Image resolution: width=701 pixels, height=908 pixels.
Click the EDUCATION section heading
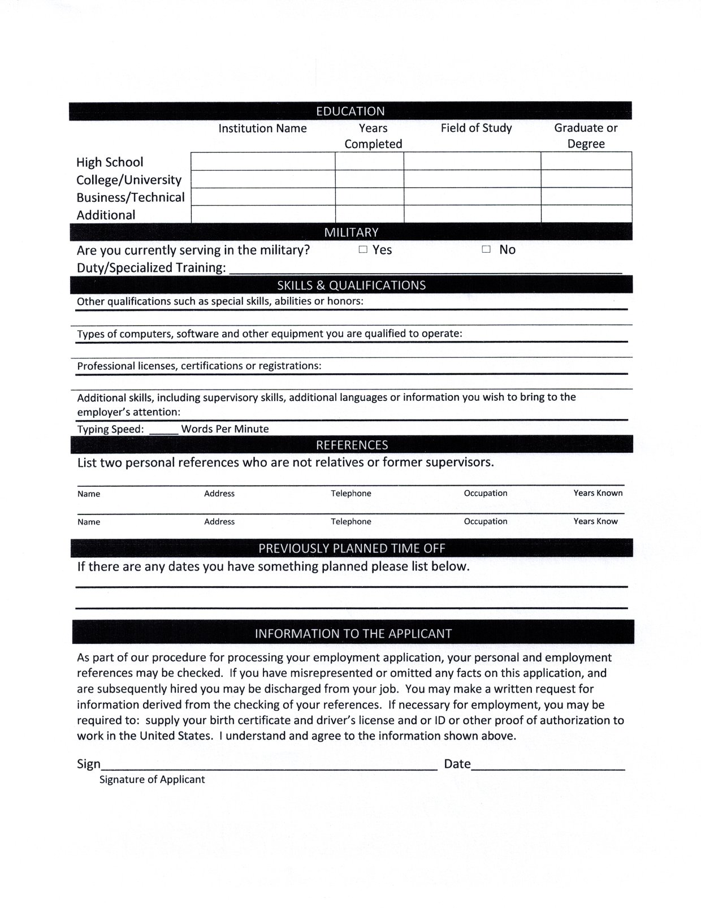(x=350, y=111)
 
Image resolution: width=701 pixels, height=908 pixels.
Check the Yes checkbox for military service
(x=363, y=249)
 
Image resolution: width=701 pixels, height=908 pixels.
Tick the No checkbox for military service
(x=486, y=249)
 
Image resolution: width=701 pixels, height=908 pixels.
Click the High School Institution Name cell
(x=263, y=161)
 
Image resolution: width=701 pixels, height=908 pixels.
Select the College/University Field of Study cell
(x=472, y=179)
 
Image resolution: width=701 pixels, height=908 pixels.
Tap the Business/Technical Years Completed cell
(x=369, y=196)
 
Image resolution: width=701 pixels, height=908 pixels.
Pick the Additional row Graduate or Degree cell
(x=586, y=214)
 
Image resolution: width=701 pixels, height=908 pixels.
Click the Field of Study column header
(x=476, y=128)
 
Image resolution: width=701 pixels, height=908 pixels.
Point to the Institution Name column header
(x=262, y=128)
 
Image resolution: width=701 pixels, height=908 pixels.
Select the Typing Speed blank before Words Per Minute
(x=163, y=430)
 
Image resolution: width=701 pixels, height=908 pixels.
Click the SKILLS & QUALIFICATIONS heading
(x=351, y=285)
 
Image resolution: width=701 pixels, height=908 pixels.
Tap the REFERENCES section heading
(x=352, y=445)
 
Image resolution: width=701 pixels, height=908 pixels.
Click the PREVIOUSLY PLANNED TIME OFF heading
(x=352, y=548)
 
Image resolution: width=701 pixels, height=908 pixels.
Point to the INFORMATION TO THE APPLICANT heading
(x=353, y=633)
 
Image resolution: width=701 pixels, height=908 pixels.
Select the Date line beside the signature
(x=548, y=766)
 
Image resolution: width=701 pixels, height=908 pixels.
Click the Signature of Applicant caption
(x=152, y=780)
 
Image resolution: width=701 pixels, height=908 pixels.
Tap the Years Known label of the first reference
(x=598, y=493)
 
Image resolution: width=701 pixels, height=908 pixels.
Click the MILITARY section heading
(x=351, y=232)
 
